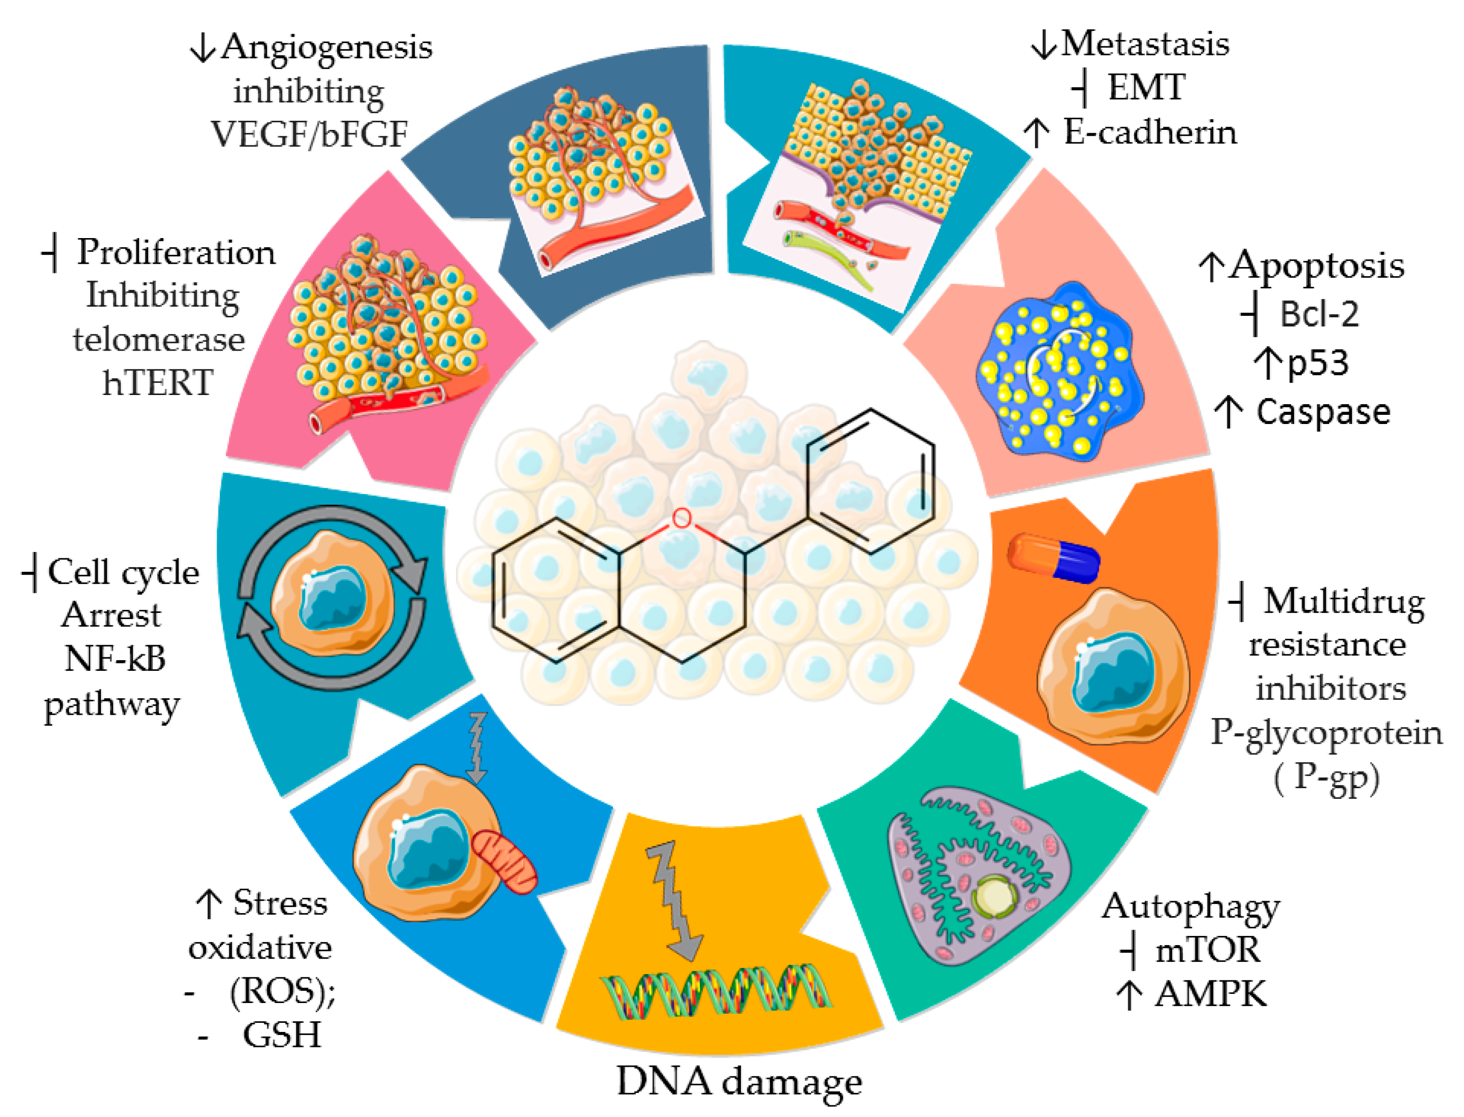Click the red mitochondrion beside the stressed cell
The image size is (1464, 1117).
tap(505, 861)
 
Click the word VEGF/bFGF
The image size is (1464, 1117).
tap(309, 134)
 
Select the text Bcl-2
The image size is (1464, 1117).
tap(1319, 314)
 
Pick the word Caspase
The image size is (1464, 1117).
tap(1323, 412)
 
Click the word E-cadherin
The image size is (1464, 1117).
tap(1150, 132)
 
